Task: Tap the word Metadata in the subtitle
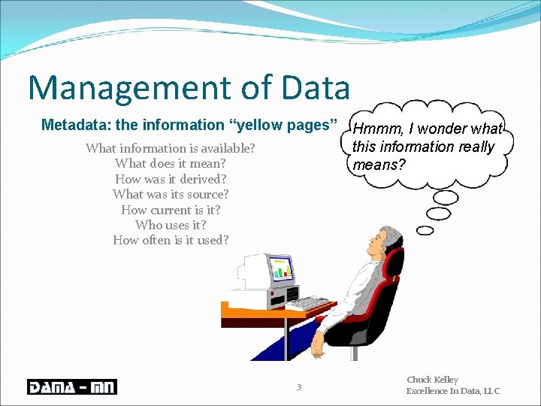tap(71, 125)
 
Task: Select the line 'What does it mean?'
tap(171, 163)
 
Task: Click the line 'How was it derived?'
tap(171, 179)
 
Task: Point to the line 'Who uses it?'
tap(171, 225)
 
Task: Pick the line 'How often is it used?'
tap(171, 241)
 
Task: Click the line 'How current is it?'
tap(171, 210)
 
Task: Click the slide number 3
tap(299, 387)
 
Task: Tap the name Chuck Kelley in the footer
tap(432, 380)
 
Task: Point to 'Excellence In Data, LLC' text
tap(452, 391)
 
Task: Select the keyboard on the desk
tap(308, 303)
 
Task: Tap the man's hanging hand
tap(318, 345)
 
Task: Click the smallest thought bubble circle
tap(425, 230)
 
